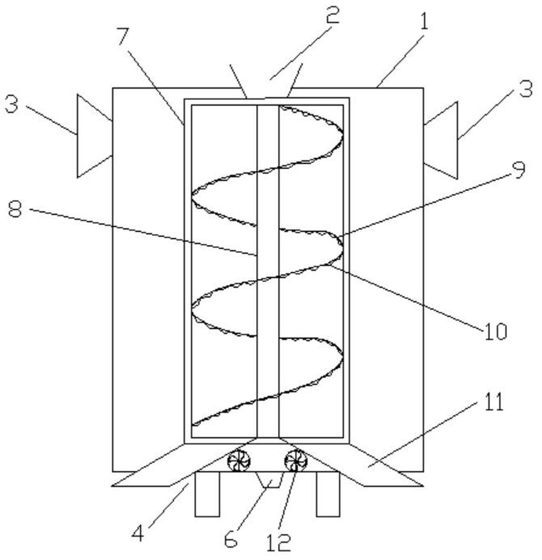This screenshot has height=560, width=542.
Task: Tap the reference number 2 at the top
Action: coord(332,16)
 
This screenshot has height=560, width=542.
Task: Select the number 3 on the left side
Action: coord(12,103)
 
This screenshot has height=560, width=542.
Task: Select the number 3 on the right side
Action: coord(525,90)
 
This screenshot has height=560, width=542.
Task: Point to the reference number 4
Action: coord(137,533)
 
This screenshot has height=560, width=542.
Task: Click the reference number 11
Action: coord(494,402)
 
